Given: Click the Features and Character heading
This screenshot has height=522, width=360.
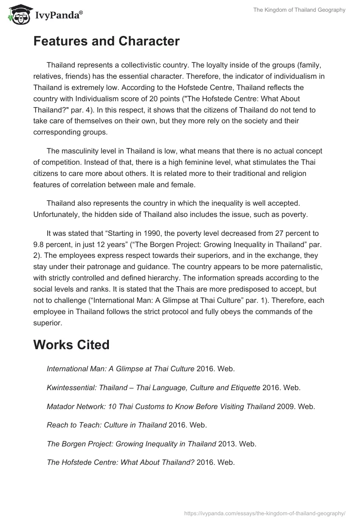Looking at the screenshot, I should pos(106,41).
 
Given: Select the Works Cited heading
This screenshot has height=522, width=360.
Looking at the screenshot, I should pos(71,345).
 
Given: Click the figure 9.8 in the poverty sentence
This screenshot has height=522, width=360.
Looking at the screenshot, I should pos(40,244).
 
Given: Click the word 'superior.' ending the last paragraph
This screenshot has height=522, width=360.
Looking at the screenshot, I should pos(48,323).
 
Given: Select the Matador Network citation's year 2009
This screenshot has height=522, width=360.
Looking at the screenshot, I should pos(285,406).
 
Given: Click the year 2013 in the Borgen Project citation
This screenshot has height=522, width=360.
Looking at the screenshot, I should pos(227,444).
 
